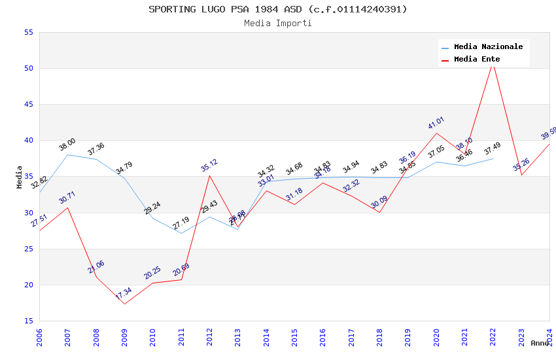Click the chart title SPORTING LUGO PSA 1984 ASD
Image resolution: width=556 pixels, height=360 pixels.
[x=277, y=9]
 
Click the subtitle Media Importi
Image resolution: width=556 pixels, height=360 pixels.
[x=277, y=23]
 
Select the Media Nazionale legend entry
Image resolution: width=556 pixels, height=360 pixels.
[x=488, y=46]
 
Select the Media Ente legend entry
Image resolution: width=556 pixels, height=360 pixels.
[x=477, y=59]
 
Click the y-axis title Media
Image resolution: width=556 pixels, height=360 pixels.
[x=20, y=177]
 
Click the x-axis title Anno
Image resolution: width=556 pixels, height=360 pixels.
[x=540, y=343]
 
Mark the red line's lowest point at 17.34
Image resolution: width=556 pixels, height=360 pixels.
[x=124, y=304]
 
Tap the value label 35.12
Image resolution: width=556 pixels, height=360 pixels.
[x=209, y=165]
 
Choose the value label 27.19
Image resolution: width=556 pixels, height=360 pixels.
[x=181, y=223]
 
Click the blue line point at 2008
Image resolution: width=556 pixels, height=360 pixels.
[x=96, y=159]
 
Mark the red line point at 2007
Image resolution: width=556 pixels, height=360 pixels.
[x=67, y=207]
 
